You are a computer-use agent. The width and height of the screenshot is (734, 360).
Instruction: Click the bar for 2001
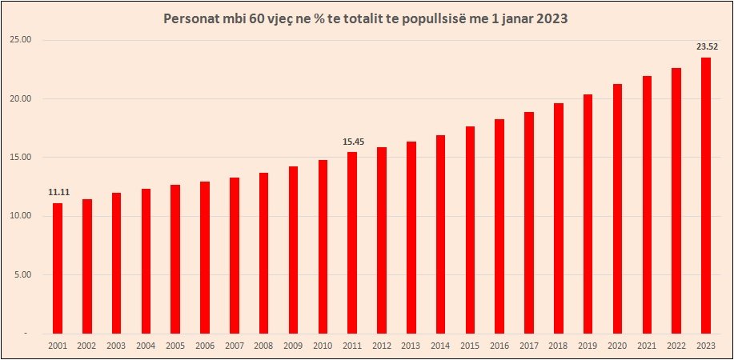point(57,268)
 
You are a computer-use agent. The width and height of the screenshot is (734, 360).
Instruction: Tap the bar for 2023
point(705,195)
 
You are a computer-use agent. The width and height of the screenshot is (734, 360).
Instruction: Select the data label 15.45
point(354,142)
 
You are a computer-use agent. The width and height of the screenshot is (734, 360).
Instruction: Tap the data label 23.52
point(707,46)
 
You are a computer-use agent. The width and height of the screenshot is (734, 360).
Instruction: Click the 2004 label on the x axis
point(145,345)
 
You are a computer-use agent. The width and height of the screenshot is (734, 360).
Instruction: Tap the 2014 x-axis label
point(439,345)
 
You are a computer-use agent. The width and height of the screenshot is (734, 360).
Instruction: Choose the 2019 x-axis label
point(587,345)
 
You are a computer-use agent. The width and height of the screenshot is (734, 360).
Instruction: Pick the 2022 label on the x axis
point(676,345)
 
